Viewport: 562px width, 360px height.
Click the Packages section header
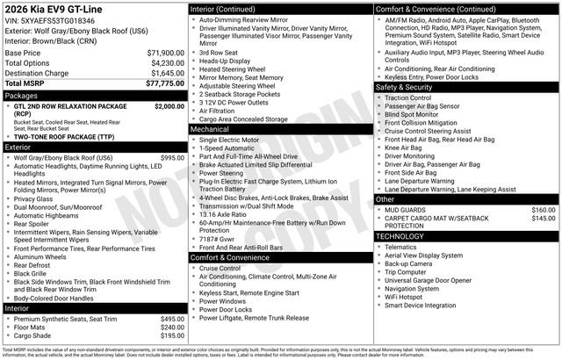point(22,95)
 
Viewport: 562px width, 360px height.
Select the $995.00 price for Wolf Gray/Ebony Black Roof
point(172,157)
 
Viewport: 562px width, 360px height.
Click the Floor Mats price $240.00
point(172,327)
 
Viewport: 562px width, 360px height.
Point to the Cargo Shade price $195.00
point(172,335)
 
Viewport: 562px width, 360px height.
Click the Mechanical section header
point(210,129)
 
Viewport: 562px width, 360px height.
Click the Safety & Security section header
point(407,88)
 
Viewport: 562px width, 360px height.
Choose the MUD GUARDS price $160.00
point(543,210)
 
